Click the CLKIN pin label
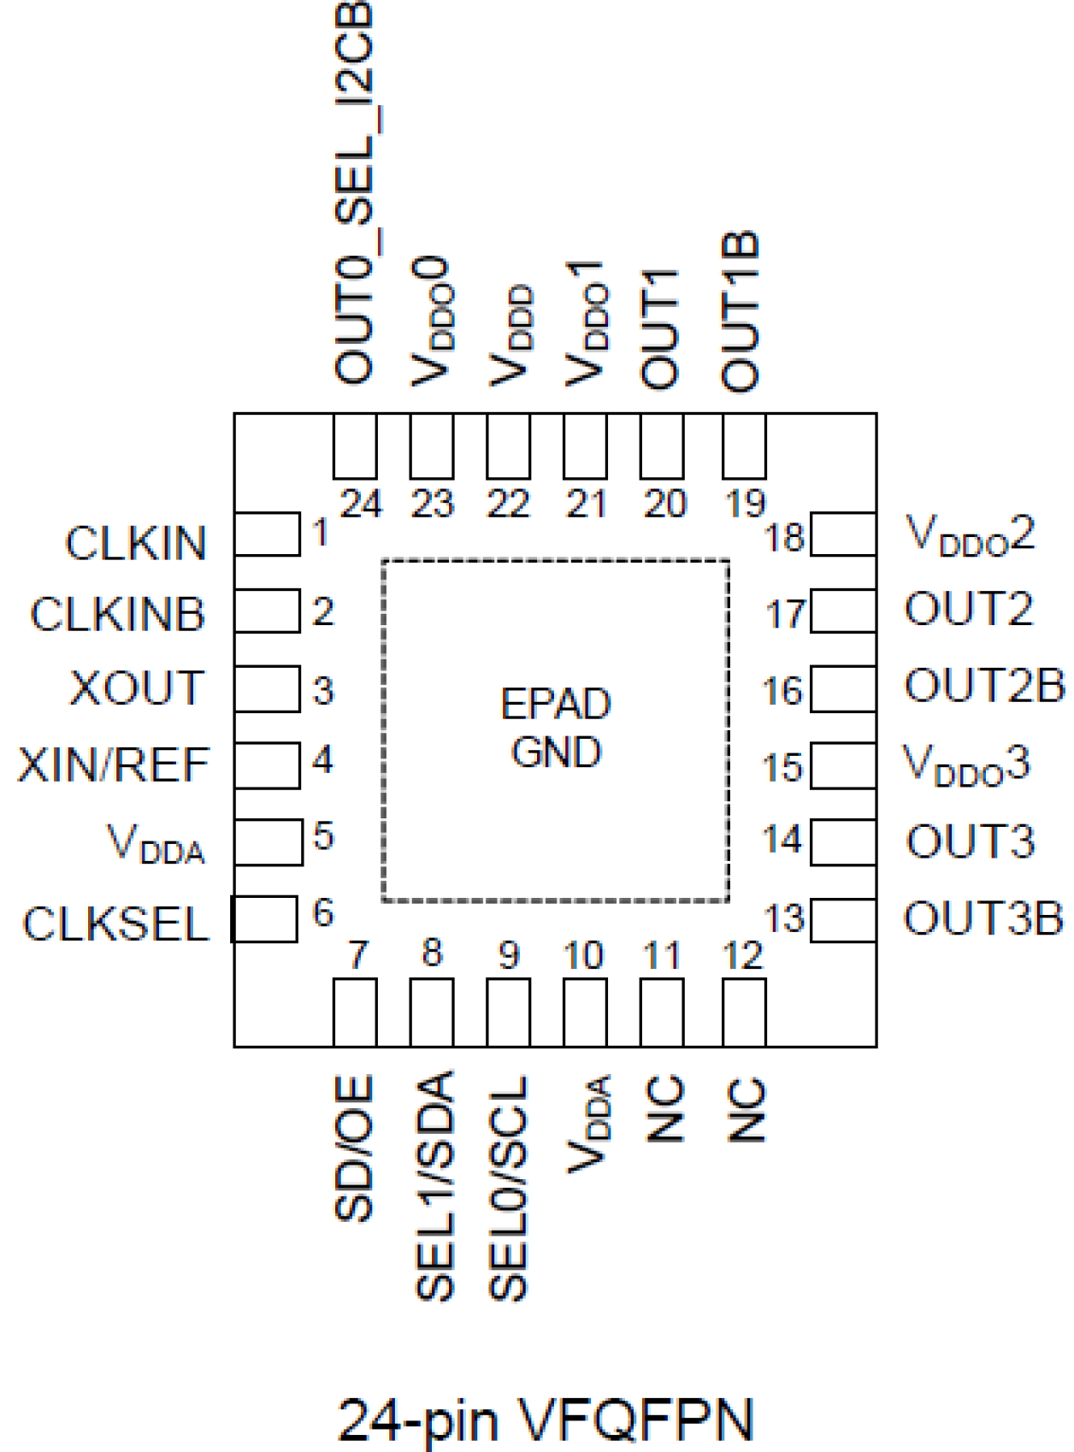pos(136,543)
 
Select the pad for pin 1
pos(267,534)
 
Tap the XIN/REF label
pos(114,764)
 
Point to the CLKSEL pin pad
pos(265,919)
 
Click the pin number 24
pos(361,504)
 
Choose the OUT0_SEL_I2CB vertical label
pos(354,192)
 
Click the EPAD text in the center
pos(556,705)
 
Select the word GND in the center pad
pos(556,753)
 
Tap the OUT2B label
pos(984,686)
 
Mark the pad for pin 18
pos(843,534)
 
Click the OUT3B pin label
pos(983,918)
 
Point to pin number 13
pos(784,918)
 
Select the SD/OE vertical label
pos(354,1148)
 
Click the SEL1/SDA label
pos(434,1186)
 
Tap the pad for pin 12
pos(744,1012)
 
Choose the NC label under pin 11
pos(664,1109)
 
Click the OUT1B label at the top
pos(741,311)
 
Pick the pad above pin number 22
pos(508,446)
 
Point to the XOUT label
pos(137,688)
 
